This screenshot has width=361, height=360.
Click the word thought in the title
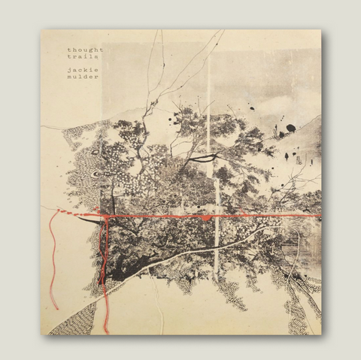pos(84,50)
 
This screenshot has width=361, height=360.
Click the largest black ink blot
pos(290,128)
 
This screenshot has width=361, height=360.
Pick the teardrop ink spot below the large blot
pos(287,156)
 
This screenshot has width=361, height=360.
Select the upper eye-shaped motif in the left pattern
pos(96,174)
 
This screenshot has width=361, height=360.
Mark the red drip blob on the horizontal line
pos(205,218)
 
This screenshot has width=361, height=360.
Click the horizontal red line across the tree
pos(248,216)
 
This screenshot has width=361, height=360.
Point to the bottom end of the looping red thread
pos(55,307)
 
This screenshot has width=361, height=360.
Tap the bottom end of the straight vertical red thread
pos(106,331)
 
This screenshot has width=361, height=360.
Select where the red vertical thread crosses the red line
pos(106,217)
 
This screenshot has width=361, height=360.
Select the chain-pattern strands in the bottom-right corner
pos(297,301)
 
